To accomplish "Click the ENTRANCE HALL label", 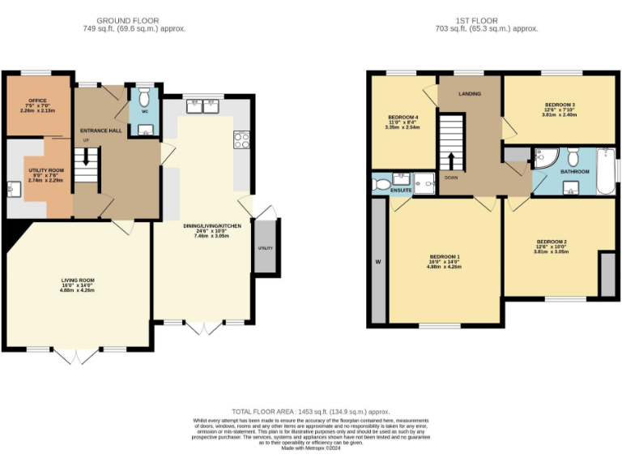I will click(x=100, y=130).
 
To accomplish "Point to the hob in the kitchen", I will click(x=241, y=140).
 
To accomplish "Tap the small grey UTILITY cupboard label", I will click(x=265, y=247).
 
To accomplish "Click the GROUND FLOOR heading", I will click(x=128, y=20).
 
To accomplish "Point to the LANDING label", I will click(x=470, y=94).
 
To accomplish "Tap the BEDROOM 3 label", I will click(x=559, y=105).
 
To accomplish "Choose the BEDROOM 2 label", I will click(x=551, y=242).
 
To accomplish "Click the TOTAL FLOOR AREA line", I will click(x=311, y=413).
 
